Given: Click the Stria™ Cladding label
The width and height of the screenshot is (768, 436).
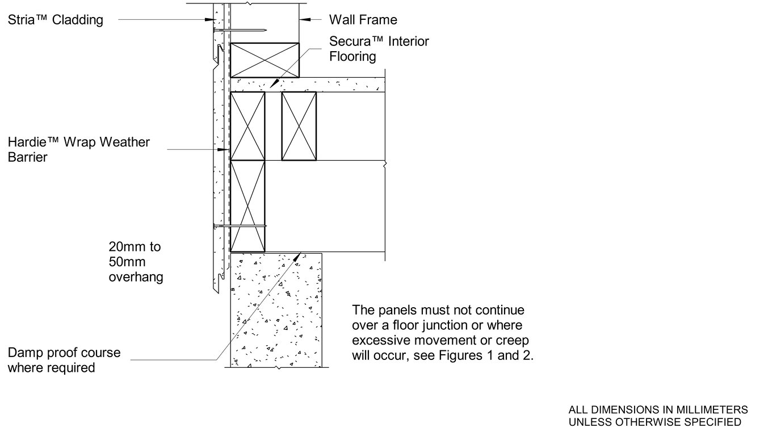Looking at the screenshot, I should [56, 20].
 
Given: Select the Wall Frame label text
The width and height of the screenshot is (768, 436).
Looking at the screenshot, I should [363, 20].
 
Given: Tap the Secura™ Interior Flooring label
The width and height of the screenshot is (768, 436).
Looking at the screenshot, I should [379, 49].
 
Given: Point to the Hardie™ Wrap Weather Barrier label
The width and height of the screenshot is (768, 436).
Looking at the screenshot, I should [79, 149].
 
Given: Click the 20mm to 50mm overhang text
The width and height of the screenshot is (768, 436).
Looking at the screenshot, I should [136, 262].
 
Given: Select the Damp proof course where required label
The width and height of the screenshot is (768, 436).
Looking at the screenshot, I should [64, 360].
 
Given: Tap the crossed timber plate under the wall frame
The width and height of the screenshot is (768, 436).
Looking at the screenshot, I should [265, 59].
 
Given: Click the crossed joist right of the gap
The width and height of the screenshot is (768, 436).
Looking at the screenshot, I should [299, 126].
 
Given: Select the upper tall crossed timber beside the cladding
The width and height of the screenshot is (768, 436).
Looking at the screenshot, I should [247, 126].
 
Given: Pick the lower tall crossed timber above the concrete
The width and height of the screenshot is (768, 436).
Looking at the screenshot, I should [247, 206].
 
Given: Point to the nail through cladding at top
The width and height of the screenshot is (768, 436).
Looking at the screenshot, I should [244, 30].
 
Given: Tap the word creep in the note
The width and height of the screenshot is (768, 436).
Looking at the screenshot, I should [513, 342].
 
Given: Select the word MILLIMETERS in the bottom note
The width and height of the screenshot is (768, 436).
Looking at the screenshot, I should [714, 410].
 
